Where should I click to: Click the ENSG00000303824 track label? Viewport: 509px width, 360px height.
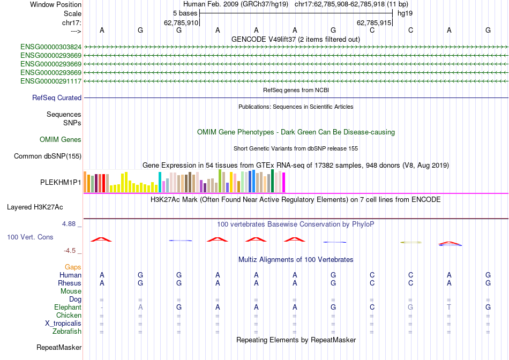(x=51, y=47)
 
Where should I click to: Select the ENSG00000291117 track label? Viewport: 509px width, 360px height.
(x=51, y=81)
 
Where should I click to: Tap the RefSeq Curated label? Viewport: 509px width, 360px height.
(x=57, y=98)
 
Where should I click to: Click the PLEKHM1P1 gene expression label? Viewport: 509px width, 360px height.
(x=61, y=182)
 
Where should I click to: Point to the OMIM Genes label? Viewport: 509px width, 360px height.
(x=61, y=140)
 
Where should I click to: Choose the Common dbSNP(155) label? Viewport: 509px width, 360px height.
(x=48, y=156)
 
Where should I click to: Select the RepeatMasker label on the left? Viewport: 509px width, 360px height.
(x=59, y=348)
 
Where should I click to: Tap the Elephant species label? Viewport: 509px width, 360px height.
(x=68, y=307)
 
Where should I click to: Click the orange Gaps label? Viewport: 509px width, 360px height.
(x=73, y=267)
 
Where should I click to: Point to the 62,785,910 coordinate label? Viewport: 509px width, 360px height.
(x=181, y=23)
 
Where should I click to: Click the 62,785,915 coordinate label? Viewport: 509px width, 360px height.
(x=373, y=23)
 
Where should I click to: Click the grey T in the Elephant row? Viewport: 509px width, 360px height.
(x=450, y=307)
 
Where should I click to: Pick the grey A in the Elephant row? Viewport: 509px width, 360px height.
(x=140, y=307)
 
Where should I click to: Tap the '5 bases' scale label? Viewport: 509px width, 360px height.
(x=185, y=13)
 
